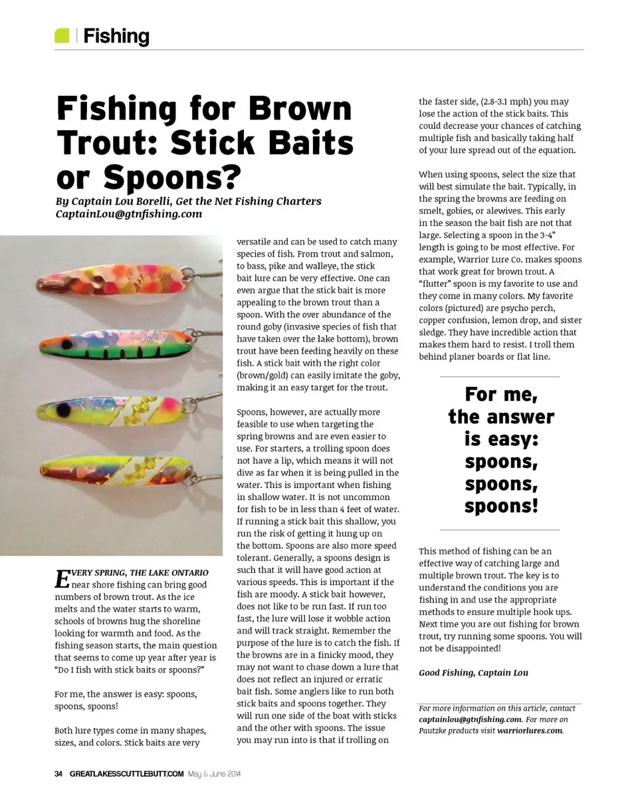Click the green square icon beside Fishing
(62, 36)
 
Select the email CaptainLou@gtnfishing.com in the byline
(129, 214)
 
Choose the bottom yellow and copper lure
(126, 471)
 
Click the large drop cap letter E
(61, 578)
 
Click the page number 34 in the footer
(58, 774)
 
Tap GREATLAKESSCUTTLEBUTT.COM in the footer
(126, 774)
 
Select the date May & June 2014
(214, 774)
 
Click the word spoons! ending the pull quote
(500, 507)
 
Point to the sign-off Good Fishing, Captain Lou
(473, 673)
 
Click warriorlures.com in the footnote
(529, 731)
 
